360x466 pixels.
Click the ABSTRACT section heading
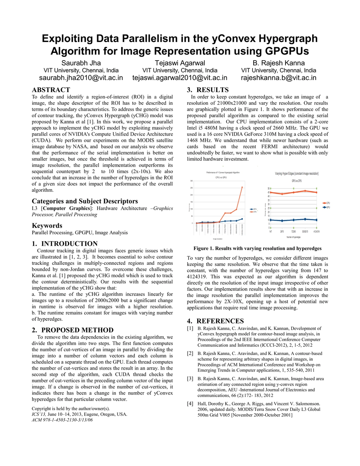pos(51,90)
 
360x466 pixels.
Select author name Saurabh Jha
pos(81,63)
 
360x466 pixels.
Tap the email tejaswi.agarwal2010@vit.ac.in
pos(179,78)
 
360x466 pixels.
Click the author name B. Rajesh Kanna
pos(278,63)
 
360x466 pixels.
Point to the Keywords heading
pos(47,226)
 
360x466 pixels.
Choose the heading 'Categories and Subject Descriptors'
pos(85,201)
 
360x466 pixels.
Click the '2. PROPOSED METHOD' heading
pos(73,330)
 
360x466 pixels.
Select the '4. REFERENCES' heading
pos(216,321)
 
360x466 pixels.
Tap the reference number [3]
pos(190,378)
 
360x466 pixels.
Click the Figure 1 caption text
pos(257,248)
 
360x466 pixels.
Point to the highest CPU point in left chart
pos(242,187)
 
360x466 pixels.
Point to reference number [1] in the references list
pos(190,329)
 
